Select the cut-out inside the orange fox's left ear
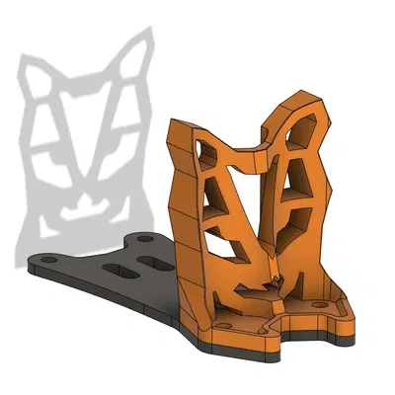click(210, 153)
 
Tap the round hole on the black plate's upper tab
click(144, 239)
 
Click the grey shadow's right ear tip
click(149, 32)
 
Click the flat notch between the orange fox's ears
click(255, 148)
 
